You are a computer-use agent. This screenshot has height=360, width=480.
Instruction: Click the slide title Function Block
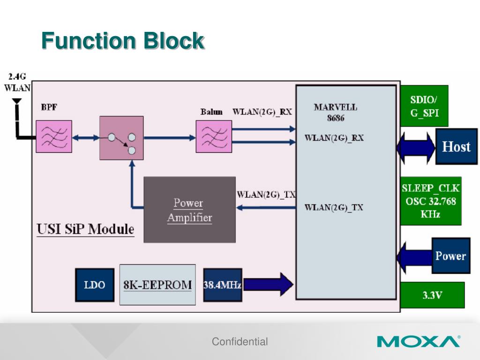tap(123, 41)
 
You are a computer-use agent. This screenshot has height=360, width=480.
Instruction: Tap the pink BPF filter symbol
tap(54, 136)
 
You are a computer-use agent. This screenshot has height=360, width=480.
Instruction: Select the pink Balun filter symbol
tap(214, 136)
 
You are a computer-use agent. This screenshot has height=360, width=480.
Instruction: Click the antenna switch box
tap(121, 137)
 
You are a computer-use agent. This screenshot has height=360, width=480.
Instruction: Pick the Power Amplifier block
tap(189, 210)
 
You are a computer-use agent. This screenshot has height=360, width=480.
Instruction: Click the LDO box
tap(95, 285)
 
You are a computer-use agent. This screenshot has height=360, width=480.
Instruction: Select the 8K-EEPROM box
tap(157, 285)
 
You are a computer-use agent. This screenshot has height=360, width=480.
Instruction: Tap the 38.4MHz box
tap(222, 285)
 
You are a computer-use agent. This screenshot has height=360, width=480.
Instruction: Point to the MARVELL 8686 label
tap(335, 112)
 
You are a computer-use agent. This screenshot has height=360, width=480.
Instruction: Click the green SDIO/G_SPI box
tap(424, 106)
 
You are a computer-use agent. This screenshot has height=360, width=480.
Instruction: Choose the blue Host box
tap(456, 147)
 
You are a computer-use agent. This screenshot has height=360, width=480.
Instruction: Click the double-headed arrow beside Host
tap(415, 147)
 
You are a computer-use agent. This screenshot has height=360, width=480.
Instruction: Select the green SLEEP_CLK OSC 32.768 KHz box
tap(431, 201)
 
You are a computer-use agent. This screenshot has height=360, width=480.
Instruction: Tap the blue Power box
tap(450, 256)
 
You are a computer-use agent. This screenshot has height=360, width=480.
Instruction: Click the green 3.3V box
tap(432, 295)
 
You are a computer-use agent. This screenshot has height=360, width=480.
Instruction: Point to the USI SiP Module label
tap(85, 230)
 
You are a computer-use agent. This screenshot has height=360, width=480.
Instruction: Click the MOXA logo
tap(419, 341)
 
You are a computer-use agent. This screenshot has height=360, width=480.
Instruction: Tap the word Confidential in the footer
tap(240, 342)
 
